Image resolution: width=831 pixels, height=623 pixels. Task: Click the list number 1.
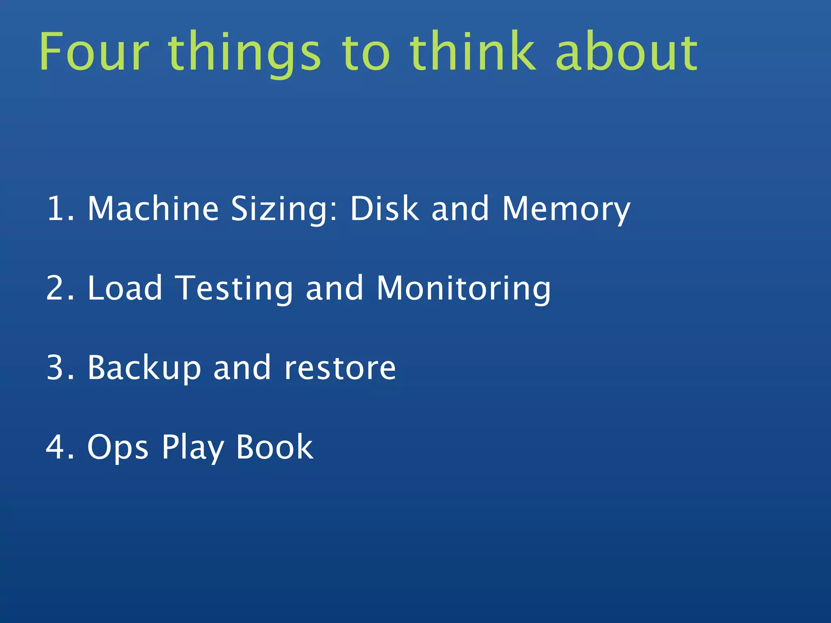click(x=60, y=208)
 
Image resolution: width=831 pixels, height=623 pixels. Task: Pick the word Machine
click(x=153, y=208)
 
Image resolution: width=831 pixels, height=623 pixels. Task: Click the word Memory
click(x=566, y=209)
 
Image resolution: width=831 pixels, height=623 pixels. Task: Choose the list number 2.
click(x=60, y=288)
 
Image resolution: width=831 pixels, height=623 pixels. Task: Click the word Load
click(x=125, y=288)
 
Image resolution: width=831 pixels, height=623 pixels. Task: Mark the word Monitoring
click(x=464, y=289)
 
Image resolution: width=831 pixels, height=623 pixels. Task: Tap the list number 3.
click(x=60, y=367)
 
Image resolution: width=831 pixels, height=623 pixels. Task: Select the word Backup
click(x=144, y=368)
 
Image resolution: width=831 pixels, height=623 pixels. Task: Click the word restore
click(x=340, y=368)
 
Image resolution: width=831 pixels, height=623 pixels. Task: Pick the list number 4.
click(x=60, y=447)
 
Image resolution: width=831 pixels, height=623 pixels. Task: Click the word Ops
click(x=118, y=448)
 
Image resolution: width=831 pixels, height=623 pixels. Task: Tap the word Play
click(x=193, y=448)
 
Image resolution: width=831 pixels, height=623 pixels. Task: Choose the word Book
click(x=275, y=447)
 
